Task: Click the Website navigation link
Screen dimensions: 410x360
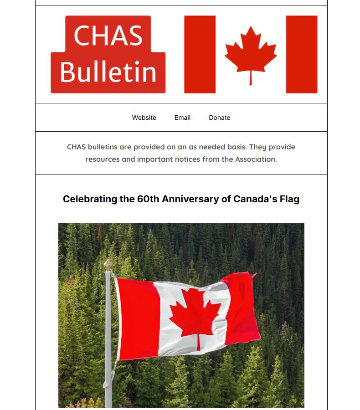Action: pos(144,118)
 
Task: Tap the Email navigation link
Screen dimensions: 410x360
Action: pos(182,118)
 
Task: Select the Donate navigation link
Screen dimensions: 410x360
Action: pos(219,118)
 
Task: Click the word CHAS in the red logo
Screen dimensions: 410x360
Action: pos(108,35)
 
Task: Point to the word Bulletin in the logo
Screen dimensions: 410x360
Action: pos(108,72)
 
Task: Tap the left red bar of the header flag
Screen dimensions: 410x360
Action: pos(200,54)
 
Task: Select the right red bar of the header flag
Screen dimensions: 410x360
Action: pos(301,54)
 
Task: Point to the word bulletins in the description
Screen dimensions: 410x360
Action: pos(103,147)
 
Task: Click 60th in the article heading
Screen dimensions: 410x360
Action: pos(148,199)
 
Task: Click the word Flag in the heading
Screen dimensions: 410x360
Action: pos(289,199)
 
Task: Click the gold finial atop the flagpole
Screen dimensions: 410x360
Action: pos(108,265)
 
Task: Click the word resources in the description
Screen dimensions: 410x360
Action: pos(103,159)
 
